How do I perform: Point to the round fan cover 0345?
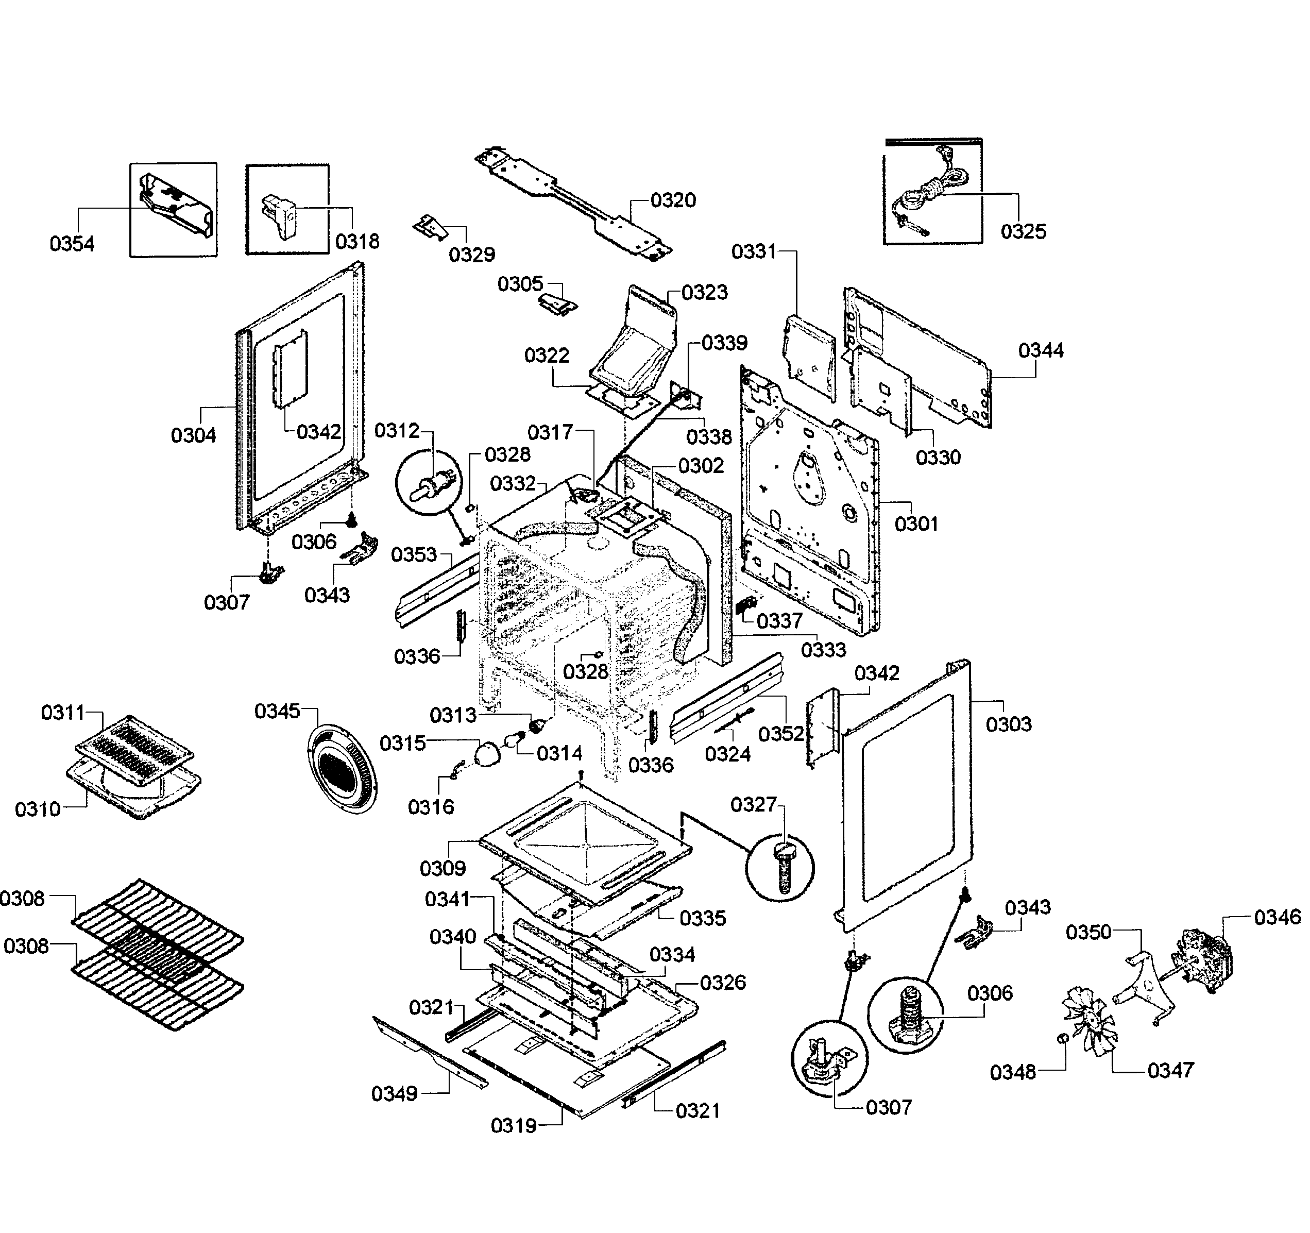pos(343,768)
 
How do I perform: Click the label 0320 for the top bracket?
pos(673,200)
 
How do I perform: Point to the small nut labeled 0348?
pos(1062,1039)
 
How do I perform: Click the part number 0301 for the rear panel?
pos(916,524)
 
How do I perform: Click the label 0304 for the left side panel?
pos(193,435)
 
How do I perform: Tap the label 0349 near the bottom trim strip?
pos(394,1094)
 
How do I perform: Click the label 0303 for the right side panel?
pos(1008,724)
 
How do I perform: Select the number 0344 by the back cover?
pos(1041,350)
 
